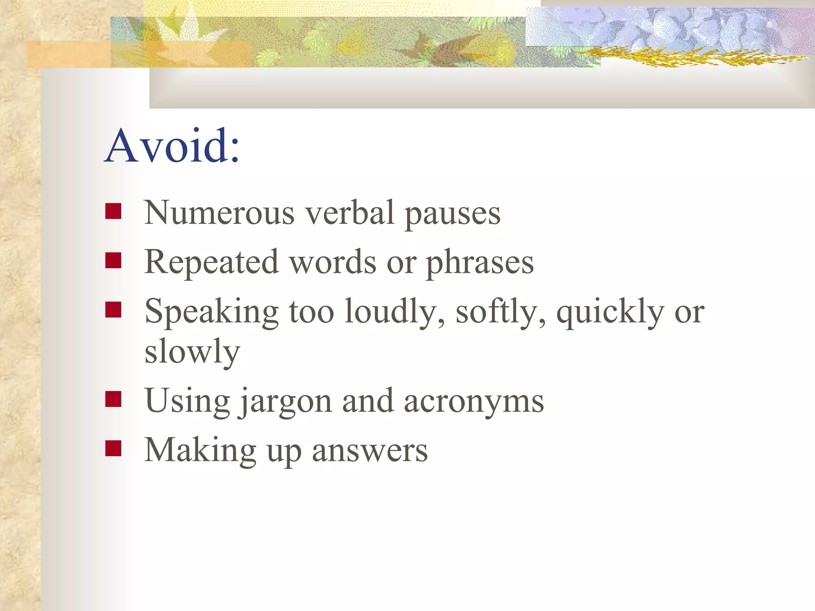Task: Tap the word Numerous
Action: click(x=219, y=213)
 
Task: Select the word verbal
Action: click(x=350, y=213)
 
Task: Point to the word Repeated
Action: click(x=211, y=263)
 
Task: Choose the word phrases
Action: click(x=480, y=263)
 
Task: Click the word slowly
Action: click(x=192, y=352)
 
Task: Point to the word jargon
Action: click(x=286, y=402)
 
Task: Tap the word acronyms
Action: click(x=474, y=402)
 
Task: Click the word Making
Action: click(x=200, y=451)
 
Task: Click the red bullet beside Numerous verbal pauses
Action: click(x=113, y=212)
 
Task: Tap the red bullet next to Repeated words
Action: click(x=113, y=261)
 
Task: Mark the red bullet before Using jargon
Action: click(x=113, y=399)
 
